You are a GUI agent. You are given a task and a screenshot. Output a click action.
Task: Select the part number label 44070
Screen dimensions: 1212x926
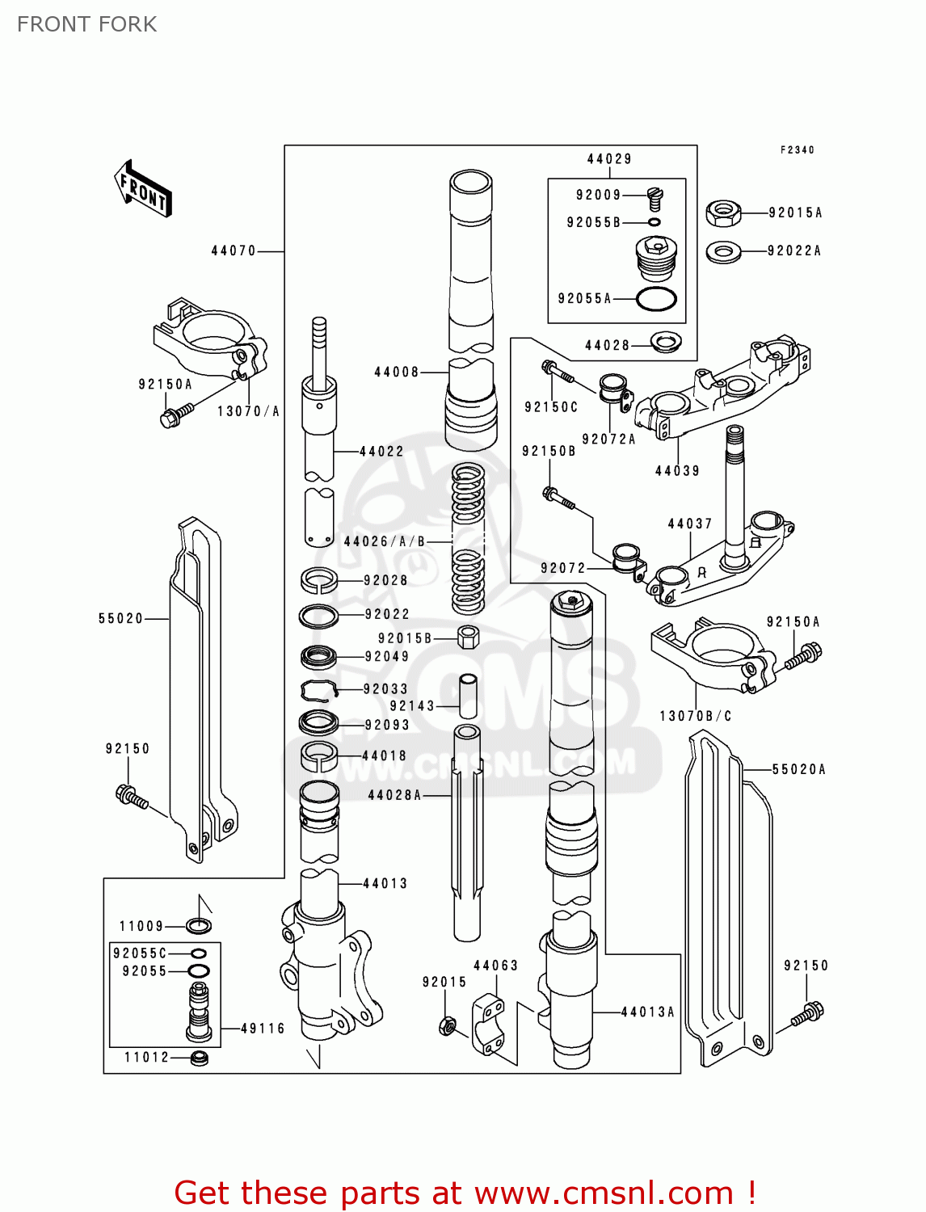234,251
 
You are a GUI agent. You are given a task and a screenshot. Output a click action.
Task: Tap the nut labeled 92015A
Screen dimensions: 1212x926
723,213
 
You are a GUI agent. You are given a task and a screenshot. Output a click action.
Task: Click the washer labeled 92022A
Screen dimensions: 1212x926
723,252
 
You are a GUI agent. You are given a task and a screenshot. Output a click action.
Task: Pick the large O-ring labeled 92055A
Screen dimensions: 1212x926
656,299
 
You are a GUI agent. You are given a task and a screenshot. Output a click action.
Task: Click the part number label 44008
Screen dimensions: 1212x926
396,372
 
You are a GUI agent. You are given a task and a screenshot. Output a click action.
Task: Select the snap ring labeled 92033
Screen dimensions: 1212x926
318,690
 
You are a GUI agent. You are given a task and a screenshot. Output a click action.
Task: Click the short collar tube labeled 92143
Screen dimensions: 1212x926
468,696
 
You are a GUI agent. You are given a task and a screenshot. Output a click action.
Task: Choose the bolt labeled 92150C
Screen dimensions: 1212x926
557,372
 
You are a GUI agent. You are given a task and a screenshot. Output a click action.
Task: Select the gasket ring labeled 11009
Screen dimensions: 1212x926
199,926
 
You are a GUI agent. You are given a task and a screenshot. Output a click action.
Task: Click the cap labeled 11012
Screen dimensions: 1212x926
199,1058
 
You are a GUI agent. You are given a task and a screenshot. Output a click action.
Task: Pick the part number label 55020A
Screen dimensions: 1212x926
798,770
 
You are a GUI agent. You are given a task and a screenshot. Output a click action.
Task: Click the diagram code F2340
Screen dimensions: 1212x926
797,150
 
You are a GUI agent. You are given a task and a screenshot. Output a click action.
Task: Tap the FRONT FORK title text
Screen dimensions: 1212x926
86,24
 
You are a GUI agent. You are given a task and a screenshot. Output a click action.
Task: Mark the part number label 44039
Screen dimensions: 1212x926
677,471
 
